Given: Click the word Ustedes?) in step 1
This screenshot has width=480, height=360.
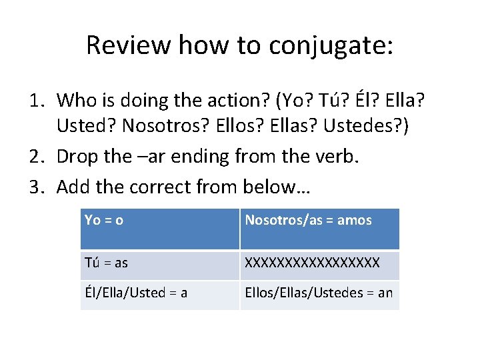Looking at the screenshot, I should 373,128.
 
